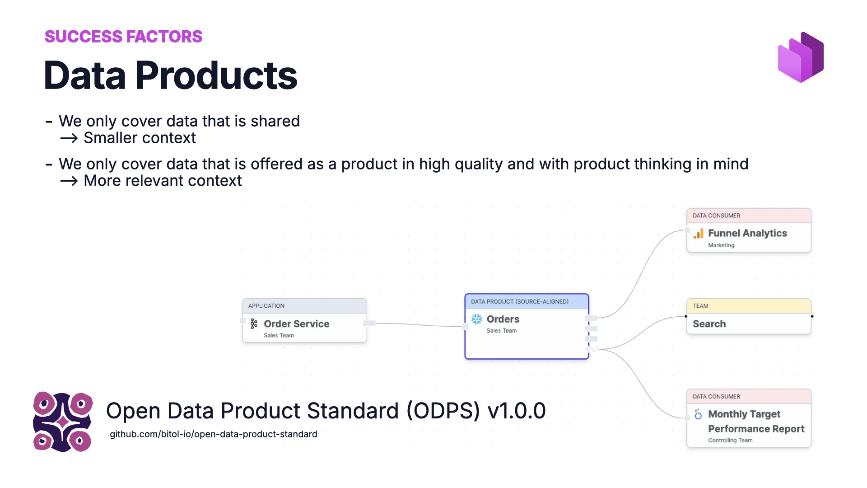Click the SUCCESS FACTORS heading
pyautogui.click(x=123, y=37)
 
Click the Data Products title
pyautogui.click(x=170, y=75)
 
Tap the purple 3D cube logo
pyautogui.click(x=801, y=57)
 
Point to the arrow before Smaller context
pyautogui.click(x=69, y=138)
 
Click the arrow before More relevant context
pyautogui.click(x=69, y=181)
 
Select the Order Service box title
pyautogui.click(x=296, y=324)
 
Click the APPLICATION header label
pyautogui.click(x=266, y=306)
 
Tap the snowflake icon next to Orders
pyautogui.click(x=476, y=319)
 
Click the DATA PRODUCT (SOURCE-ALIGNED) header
pyautogui.click(x=519, y=301)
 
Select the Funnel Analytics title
pyautogui.click(x=747, y=233)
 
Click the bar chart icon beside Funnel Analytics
pyautogui.click(x=699, y=234)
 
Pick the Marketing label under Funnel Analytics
pyautogui.click(x=721, y=245)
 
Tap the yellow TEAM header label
pyautogui.click(x=700, y=306)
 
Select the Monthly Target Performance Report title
pyautogui.click(x=755, y=421)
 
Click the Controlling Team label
pyautogui.click(x=730, y=441)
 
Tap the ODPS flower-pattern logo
pyautogui.click(x=63, y=422)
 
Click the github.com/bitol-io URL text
pyautogui.click(x=213, y=434)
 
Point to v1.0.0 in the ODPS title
pyautogui.click(x=517, y=411)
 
